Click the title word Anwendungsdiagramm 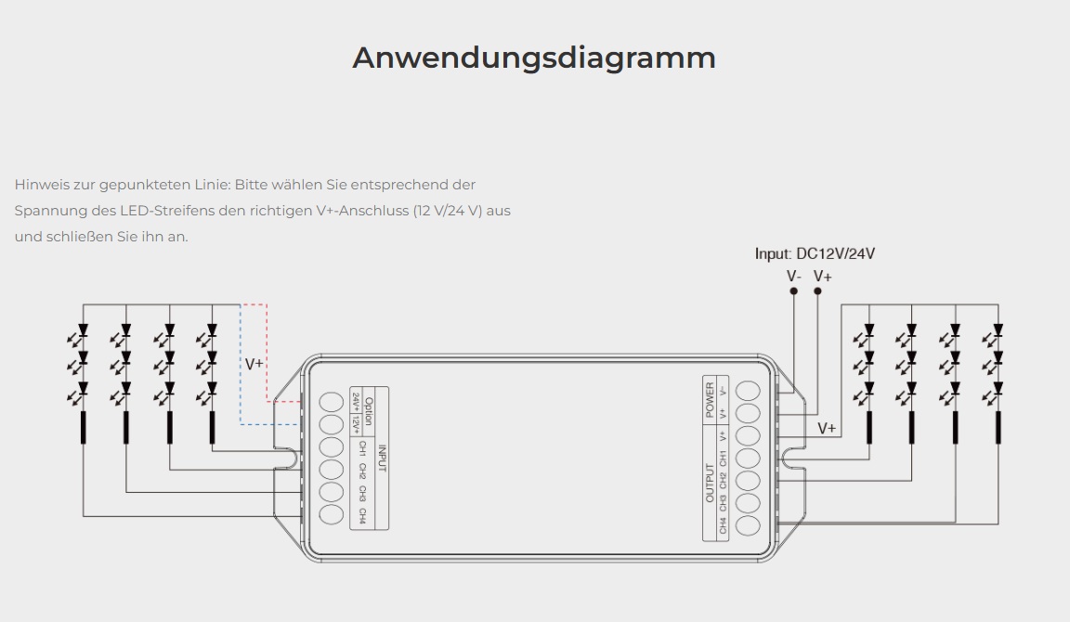[x=534, y=58]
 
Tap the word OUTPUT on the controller [x=710, y=484]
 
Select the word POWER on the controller [x=710, y=399]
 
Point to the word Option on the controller [x=368, y=411]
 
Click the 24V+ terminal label [x=356, y=402]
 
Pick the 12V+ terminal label [x=356, y=424]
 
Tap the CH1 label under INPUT [x=362, y=449]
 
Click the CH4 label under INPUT [x=362, y=515]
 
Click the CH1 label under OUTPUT [x=723, y=458]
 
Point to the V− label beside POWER [x=723, y=391]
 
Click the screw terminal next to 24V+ [x=331, y=403]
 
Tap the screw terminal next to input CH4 [x=331, y=514]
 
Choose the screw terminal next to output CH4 [x=748, y=526]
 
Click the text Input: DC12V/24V [x=815, y=253]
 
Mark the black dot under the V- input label [x=793, y=292]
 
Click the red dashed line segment [x=267, y=353]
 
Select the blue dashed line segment [x=241, y=371]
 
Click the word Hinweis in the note [x=40, y=185]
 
